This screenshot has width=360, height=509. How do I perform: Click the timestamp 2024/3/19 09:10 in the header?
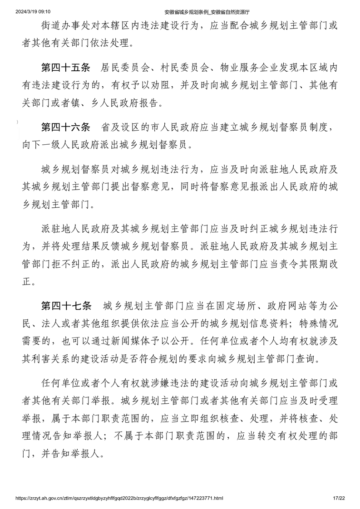tap(32, 11)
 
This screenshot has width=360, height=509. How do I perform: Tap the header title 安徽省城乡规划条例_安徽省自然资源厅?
tap(205, 11)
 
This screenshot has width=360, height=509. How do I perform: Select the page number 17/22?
tap(339, 498)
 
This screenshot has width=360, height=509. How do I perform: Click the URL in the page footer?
tap(119, 498)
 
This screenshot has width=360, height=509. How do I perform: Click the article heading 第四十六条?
tap(66, 128)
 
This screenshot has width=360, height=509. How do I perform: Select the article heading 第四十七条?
tap(66, 305)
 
